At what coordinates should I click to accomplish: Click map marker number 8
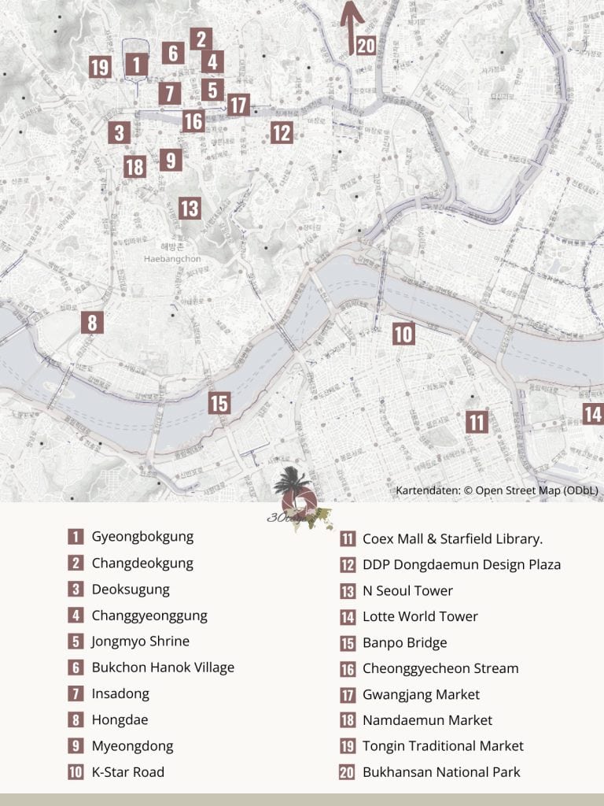click(92, 322)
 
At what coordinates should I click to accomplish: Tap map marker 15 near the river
click(219, 403)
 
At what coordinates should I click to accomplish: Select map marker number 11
click(476, 422)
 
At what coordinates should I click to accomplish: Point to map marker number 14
click(593, 413)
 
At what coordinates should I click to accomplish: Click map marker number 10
click(403, 334)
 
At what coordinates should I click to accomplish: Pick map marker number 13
click(189, 209)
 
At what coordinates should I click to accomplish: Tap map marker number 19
click(99, 67)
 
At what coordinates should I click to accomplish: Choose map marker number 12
click(282, 132)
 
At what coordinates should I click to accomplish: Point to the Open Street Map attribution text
click(497, 490)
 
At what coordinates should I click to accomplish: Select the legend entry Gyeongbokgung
click(142, 537)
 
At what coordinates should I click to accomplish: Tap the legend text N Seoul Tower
click(407, 590)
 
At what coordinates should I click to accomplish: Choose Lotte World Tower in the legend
click(420, 616)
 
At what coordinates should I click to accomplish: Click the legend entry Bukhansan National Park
click(441, 772)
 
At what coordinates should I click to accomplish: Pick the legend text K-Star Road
click(128, 772)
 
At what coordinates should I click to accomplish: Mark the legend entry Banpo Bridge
click(404, 642)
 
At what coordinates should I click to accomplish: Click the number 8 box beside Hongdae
click(75, 719)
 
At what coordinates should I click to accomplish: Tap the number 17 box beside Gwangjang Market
click(347, 694)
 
